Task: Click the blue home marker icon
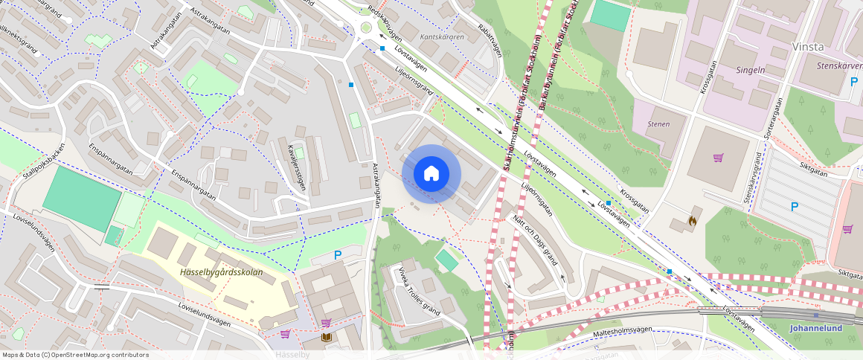431,174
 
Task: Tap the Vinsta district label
808,46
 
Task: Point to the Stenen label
658,124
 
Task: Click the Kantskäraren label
442,36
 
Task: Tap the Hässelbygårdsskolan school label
221,272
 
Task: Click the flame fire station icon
693,221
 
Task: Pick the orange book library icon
326,338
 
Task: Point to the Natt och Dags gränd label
535,240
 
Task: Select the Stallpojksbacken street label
37,160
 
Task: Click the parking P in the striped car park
794,207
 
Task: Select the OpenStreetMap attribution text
75,355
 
